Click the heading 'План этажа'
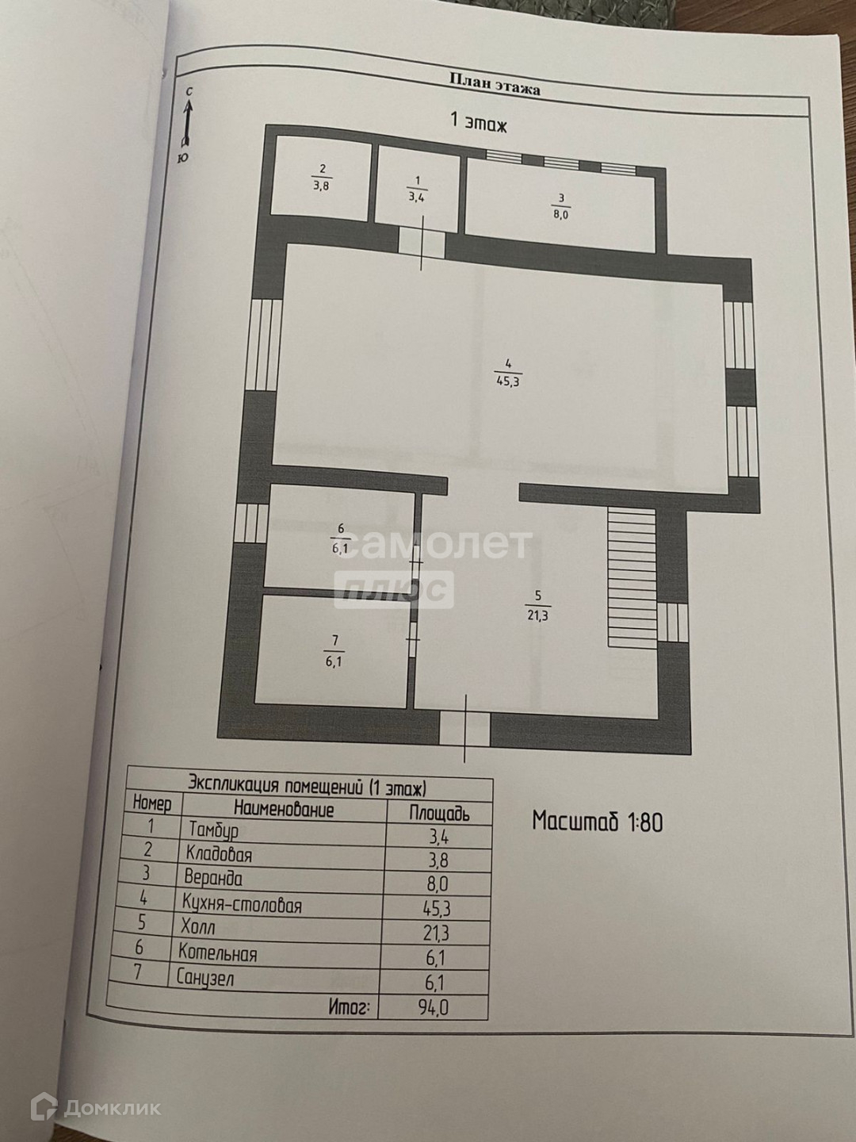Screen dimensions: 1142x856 495,85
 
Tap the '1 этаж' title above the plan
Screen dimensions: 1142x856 478,122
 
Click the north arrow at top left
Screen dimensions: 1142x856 188,122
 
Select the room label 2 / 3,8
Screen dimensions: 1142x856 322,179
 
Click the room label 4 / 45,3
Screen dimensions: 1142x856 506,373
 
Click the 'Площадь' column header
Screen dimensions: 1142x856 439,812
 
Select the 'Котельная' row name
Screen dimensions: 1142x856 218,952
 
